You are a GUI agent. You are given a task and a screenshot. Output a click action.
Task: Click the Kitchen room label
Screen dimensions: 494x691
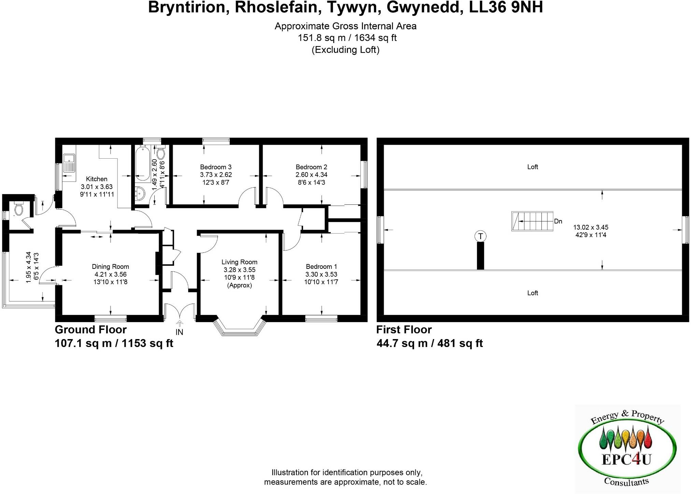click(97, 179)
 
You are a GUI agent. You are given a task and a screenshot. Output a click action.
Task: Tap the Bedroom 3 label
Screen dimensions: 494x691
click(216, 167)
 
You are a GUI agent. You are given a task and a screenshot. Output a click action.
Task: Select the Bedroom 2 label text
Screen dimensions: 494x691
click(311, 167)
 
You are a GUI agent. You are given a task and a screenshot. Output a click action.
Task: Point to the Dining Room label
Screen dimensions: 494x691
click(110, 267)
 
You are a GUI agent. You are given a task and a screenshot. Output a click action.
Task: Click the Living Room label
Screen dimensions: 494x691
click(239, 262)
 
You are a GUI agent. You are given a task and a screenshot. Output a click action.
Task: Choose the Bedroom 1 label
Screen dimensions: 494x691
click(321, 267)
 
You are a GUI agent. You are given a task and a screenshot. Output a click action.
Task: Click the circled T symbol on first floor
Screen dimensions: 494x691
click(480, 236)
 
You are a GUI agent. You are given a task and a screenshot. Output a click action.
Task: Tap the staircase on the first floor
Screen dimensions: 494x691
click(532, 221)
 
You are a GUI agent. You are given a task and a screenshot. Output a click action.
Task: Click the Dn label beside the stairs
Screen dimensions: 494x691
click(558, 221)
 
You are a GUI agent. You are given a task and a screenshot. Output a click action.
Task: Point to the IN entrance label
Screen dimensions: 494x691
click(179, 332)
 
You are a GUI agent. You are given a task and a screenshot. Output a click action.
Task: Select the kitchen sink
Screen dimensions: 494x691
click(69, 162)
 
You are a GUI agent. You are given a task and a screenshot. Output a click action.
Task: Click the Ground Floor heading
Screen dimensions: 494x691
click(91, 330)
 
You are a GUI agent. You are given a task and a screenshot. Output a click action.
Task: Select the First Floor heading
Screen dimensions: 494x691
click(404, 330)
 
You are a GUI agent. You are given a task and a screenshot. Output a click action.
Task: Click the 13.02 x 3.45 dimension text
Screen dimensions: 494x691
click(591, 227)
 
